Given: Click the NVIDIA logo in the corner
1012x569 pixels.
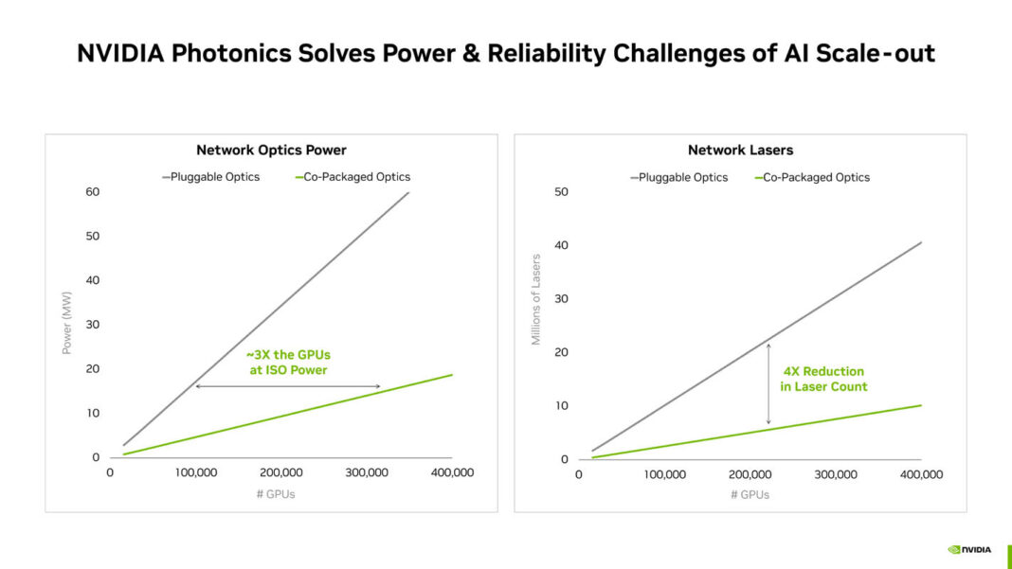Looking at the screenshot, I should (969, 549).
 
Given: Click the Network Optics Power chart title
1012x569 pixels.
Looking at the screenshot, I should (271, 150).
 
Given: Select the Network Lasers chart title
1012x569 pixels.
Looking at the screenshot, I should (740, 150).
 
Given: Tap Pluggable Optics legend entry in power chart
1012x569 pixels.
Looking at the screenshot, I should (210, 177).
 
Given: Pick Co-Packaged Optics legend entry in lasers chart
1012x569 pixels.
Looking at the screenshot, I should (811, 177).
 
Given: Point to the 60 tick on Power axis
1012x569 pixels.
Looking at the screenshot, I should (93, 192).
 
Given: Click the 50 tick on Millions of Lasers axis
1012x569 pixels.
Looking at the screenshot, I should (562, 192).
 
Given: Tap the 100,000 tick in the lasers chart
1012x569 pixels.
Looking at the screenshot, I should (665, 474).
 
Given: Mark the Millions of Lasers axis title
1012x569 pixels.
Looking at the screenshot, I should (536, 299).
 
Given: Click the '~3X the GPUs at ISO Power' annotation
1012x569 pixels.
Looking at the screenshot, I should (288, 362).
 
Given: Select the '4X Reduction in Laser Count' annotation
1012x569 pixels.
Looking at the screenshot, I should (823, 379).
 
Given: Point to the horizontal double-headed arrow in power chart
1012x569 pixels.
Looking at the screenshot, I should (288, 386).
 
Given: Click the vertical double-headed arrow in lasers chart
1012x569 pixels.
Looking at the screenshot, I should (768, 382).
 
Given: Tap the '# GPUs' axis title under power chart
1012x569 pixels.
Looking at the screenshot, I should (277, 494).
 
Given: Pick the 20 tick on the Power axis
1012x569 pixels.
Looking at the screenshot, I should (93, 369).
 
